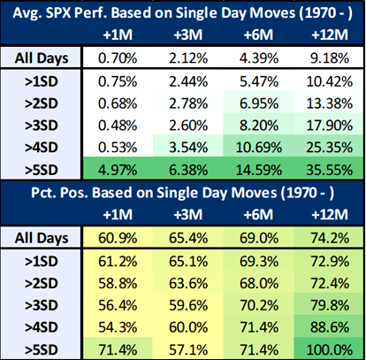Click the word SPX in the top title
coord(85,14)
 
